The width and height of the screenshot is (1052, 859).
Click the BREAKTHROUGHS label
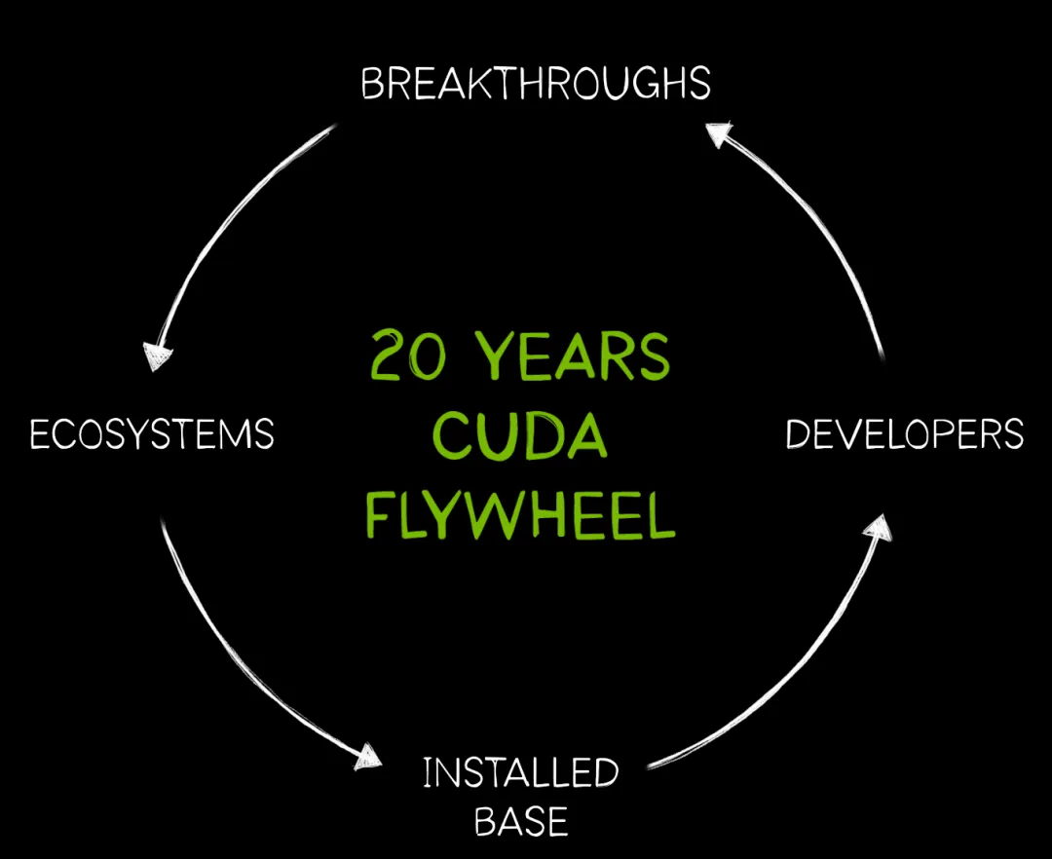[x=535, y=85]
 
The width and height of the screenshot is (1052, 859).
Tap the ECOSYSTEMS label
[x=152, y=433]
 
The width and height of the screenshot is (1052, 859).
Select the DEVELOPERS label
[x=904, y=433]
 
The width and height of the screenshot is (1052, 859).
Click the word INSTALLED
[x=521, y=773]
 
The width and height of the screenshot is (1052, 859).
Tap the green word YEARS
[x=579, y=357]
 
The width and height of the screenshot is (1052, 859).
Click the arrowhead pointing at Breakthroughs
[x=719, y=135]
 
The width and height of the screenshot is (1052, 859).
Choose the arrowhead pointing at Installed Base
[x=367, y=756]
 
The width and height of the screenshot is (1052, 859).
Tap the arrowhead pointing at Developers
[x=878, y=527]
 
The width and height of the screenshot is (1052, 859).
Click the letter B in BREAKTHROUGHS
[x=372, y=86]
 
